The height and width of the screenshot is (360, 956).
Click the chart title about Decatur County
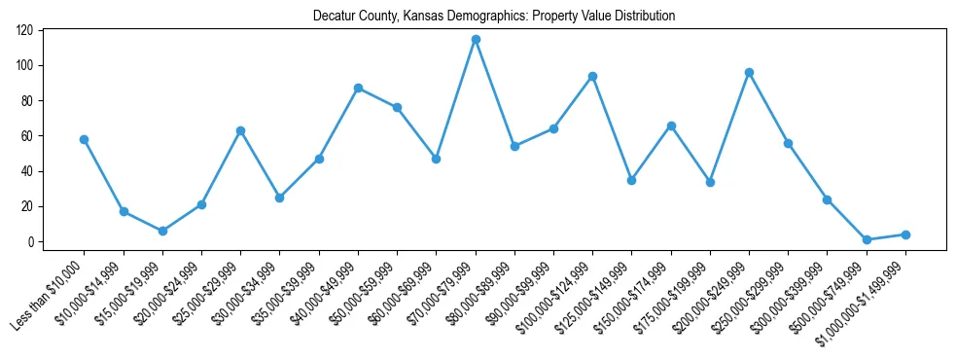point(494,16)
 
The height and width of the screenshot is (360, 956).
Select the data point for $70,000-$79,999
point(476,39)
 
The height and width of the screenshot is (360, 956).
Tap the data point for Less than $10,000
point(85,139)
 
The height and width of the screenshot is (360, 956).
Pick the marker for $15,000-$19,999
point(162,231)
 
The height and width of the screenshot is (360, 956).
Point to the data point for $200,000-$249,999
point(749,72)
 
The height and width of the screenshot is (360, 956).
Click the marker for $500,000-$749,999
point(867,239)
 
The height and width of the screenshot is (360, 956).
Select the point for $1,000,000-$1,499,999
point(905,234)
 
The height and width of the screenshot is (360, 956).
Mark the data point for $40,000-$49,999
point(358,88)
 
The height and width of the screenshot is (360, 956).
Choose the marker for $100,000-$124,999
point(592,76)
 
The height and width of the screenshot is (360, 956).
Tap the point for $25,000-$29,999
point(240,130)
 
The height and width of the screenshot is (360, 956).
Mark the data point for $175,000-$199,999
point(710,182)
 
